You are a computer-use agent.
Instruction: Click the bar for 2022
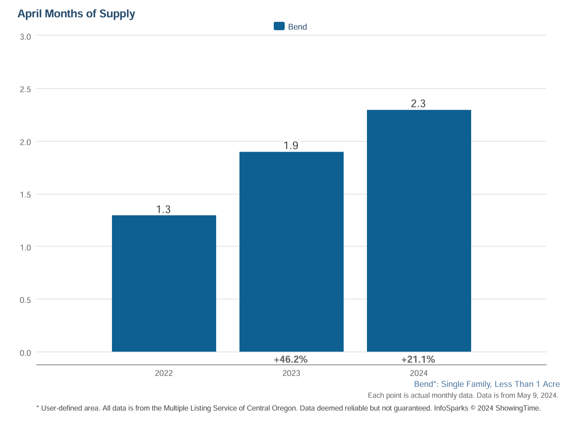[x=164, y=283]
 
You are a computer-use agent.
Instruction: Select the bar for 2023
[x=291, y=252]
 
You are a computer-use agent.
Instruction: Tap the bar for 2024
[x=419, y=231]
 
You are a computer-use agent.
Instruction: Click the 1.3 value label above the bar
[x=163, y=210]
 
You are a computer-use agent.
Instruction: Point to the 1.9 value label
[x=291, y=146]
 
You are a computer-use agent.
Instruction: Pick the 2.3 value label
[x=418, y=104]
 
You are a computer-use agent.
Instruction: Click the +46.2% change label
[x=291, y=359]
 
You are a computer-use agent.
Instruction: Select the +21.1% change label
[x=418, y=359]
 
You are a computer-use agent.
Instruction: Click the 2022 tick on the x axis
[x=164, y=373]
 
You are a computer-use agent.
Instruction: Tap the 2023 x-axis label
[x=291, y=373]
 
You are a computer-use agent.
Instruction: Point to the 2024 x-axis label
[x=419, y=373]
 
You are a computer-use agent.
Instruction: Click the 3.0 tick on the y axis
[x=25, y=37]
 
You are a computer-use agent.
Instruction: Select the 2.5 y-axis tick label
[x=25, y=89]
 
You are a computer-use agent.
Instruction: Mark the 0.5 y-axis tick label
[x=25, y=300]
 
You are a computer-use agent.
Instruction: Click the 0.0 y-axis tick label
[x=25, y=353]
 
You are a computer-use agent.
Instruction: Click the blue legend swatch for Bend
[x=279, y=26]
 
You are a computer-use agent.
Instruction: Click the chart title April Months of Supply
[x=76, y=14]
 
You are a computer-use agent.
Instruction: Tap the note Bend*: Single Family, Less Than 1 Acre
[x=487, y=384]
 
